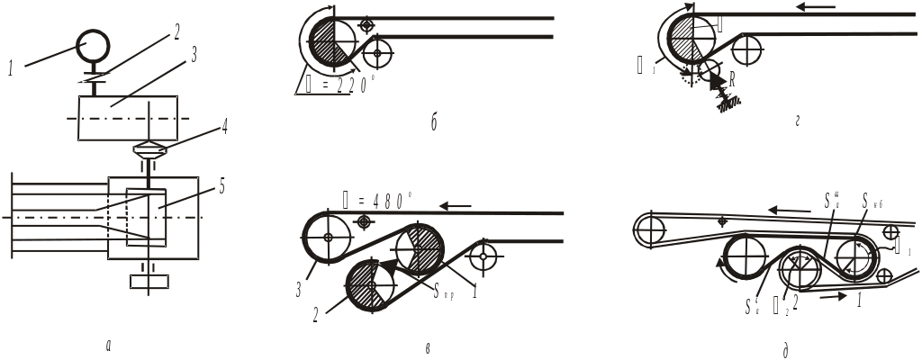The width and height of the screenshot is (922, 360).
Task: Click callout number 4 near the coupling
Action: tap(224, 127)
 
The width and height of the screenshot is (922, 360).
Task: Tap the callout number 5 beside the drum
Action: tap(221, 187)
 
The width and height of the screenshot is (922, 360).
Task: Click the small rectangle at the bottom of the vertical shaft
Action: tap(150, 282)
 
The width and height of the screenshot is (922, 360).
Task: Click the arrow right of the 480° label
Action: tap(456, 206)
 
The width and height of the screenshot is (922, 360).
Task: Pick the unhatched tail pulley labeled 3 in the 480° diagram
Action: tap(328, 238)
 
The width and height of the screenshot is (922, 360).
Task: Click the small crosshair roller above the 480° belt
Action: tap(364, 220)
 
